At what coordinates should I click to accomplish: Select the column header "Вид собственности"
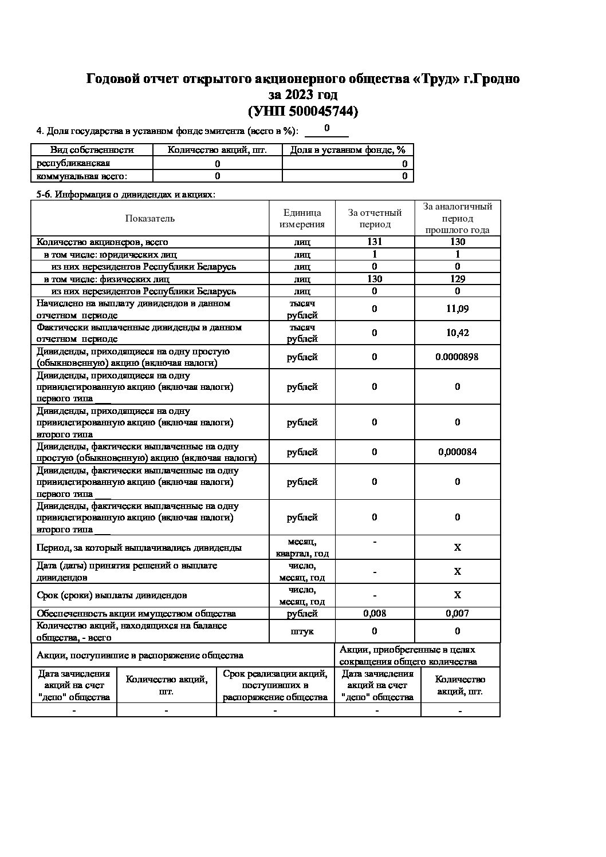[92, 150]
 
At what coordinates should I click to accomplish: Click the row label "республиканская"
[73, 163]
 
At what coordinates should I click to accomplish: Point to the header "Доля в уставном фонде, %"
[348, 150]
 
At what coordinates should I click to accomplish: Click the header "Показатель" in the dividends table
[150, 218]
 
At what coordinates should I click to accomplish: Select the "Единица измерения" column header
[302, 218]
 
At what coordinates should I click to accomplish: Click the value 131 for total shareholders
[374, 242]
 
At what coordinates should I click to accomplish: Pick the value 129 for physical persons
[457, 279]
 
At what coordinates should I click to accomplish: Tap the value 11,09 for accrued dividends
[457, 309]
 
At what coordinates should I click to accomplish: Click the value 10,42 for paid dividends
[457, 333]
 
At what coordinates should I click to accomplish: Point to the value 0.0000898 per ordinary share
[457, 357]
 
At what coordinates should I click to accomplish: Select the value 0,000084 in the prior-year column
[457, 452]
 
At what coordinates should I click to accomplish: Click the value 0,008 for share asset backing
[374, 613]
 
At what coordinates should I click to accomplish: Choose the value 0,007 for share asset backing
[457, 613]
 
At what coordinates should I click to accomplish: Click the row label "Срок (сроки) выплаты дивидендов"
[112, 595]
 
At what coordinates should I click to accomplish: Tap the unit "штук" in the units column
[302, 631]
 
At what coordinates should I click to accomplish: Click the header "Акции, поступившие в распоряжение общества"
[140, 655]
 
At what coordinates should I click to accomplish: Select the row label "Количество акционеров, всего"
[103, 242]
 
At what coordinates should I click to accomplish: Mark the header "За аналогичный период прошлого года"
[457, 218]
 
